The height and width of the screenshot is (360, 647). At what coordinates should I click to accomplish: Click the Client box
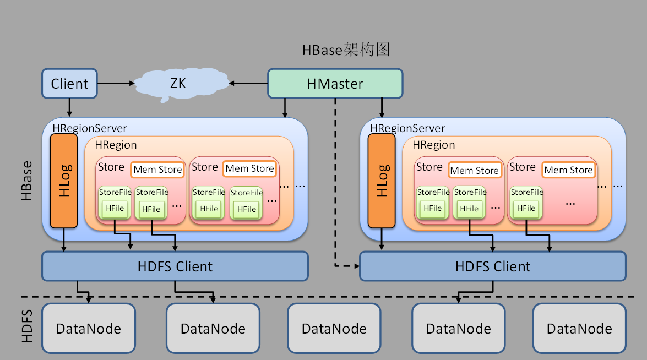pos(69,84)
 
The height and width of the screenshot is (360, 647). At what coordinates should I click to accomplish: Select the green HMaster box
pos(335,84)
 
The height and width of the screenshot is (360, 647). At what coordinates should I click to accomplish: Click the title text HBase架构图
pos(346,50)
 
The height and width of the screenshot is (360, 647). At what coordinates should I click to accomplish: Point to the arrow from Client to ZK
pos(116,84)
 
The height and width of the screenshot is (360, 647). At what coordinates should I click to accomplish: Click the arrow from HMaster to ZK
pos(249,84)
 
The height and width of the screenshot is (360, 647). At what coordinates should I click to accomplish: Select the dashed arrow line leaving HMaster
pos(335,182)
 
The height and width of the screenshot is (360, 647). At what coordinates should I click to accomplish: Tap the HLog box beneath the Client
pos(64,181)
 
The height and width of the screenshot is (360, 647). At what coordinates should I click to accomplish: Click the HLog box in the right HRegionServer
pos(382,181)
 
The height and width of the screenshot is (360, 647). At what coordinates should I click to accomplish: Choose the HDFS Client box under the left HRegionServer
pos(175,266)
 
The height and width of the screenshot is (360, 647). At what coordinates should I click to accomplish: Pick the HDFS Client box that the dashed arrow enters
pos(492,266)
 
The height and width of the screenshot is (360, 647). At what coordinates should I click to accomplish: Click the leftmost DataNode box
pos(89,329)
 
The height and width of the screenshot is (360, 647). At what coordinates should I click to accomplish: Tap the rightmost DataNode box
pos(579,329)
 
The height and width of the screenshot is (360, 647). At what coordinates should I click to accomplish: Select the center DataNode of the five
pos(334,329)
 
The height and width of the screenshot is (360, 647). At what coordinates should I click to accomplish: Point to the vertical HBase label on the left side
pos(26,181)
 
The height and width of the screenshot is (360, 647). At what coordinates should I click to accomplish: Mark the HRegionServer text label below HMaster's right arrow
pos(407,128)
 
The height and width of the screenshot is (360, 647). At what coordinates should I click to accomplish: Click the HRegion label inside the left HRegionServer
pos(116,145)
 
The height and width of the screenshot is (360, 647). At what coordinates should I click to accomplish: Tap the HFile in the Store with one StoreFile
pos(526,209)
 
